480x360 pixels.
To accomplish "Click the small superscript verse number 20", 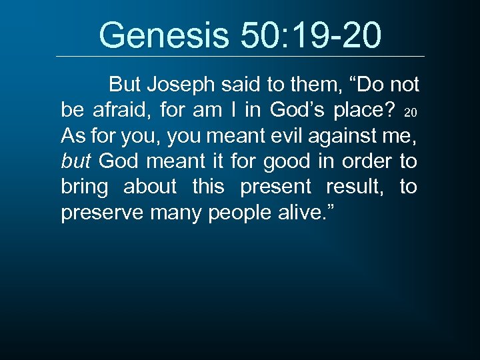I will [x=411, y=111].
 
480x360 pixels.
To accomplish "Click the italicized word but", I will [x=75, y=161].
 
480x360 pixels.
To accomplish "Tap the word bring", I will [x=84, y=187].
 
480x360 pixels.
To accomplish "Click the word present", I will [x=275, y=187].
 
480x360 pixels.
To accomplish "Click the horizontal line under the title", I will [x=240, y=56].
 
